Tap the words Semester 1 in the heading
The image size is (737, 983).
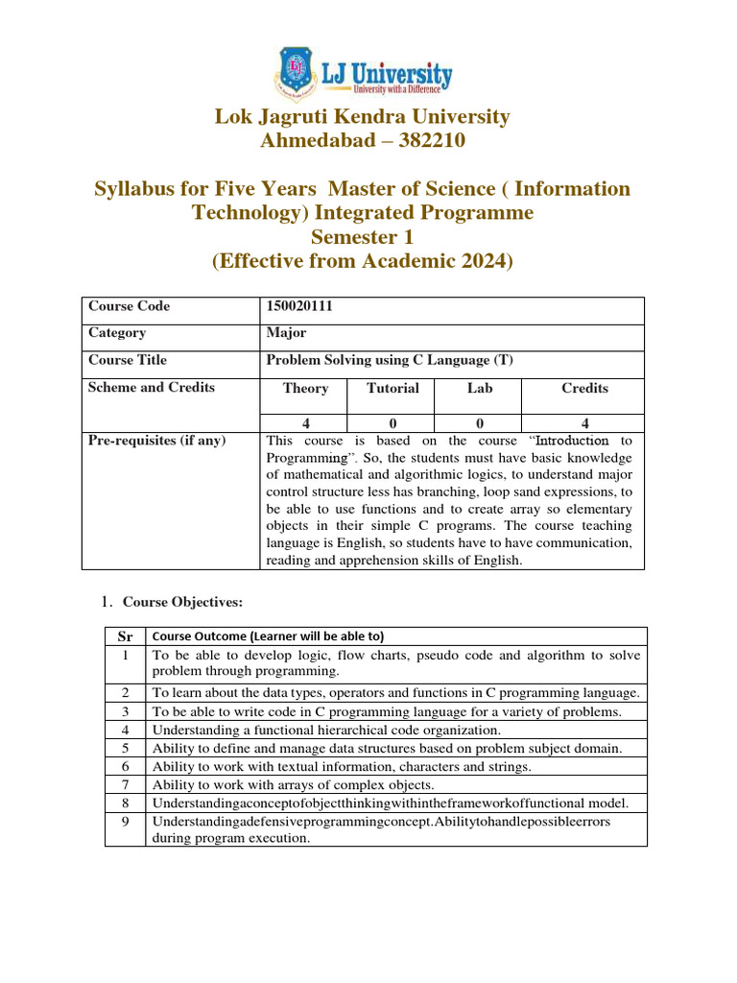pyautogui.click(x=362, y=236)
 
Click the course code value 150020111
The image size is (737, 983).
pyautogui.click(x=298, y=306)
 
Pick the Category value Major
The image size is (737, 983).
pyautogui.click(x=286, y=333)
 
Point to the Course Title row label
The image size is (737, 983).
pyautogui.click(x=127, y=360)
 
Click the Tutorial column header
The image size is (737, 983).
pyautogui.click(x=392, y=389)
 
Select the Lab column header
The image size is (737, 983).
pyautogui.click(x=479, y=389)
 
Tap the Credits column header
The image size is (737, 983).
pyautogui.click(x=583, y=389)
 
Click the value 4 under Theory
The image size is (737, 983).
pyautogui.click(x=305, y=423)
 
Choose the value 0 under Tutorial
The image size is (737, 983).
pyautogui.click(x=392, y=423)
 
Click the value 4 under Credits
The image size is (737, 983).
pyautogui.click(x=584, y=423)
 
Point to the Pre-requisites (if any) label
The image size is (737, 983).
pyautogui.click(x=156, y=441)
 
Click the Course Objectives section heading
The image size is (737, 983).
pyautogui.click(x=182, y=602)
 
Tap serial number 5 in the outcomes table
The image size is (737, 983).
pyautogui.click(x=125, y=748)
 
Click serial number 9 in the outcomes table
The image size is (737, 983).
pyautogui.click(x=125, y=822)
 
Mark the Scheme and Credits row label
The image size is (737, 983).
pyautogui.click(x=152, y=388)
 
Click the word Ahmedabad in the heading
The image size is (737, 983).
pyautogui.click(x=316, y=141)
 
